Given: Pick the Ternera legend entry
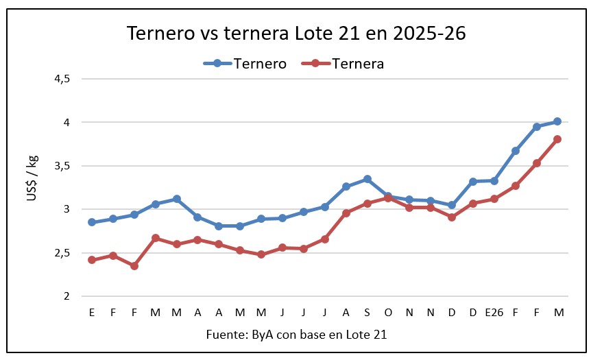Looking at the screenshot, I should point(357,64).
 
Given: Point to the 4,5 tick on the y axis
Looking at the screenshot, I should point(62,79).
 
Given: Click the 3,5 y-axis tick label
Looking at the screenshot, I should point(62,166).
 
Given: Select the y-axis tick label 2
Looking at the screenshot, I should point(66,296).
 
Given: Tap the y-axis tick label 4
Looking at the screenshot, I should point(66,122).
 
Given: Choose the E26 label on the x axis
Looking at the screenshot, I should point(494,312).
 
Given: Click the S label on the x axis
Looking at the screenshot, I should point(367,312).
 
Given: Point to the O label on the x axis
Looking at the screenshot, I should point(388,312).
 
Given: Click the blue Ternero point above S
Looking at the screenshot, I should point(367,179).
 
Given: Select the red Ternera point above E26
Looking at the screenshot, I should point(494,199).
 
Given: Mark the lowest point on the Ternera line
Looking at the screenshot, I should point(134,265).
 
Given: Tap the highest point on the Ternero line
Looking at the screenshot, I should point(557,121).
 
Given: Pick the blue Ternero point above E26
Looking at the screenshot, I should point(494,181).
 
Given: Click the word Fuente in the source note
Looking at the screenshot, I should point(224,334).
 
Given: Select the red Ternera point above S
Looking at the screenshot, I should point(367,204).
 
